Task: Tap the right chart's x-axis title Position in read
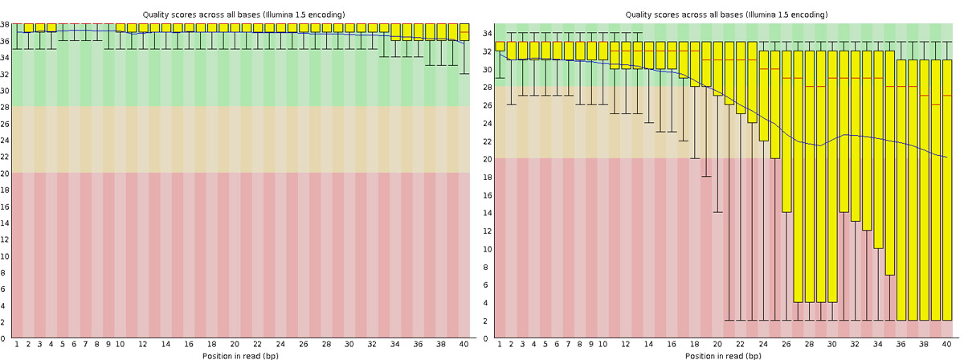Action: click(x=719, y=354)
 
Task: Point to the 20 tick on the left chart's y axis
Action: click(x=6, y=173)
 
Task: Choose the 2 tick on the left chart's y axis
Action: click(x=6, y=322)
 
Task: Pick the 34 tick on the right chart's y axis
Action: click(x=488, y=34)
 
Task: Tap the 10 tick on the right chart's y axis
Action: click(x=488, y=249)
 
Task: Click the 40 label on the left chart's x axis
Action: click(x=464, y=344)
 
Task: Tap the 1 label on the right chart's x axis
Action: click(x=500, y=344)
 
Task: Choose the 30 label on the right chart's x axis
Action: click(x=831, y=344)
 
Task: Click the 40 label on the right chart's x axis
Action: click(x=946, y=344)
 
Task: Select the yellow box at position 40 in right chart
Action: click(x=946, y=190)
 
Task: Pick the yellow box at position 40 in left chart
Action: click(x=464, y=31)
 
